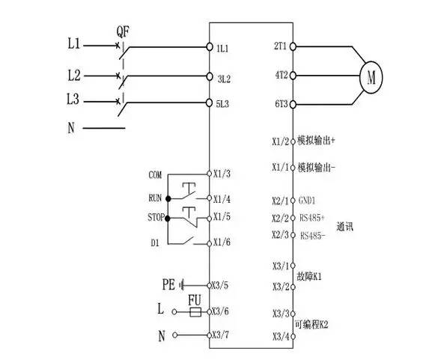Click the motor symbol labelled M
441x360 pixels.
371,77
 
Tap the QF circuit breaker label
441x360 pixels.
123,31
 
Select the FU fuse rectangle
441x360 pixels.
195,312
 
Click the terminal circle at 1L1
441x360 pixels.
210,46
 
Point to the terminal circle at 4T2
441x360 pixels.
293,76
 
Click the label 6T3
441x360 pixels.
282,104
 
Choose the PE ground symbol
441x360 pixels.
182,285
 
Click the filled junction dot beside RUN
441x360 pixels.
168,199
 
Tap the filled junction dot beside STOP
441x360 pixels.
168,219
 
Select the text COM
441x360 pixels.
155,175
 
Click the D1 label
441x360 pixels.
155,242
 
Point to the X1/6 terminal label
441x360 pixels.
222,242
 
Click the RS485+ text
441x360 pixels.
312,218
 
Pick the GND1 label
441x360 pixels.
307,201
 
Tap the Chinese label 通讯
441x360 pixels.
344,227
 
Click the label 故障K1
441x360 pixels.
309,277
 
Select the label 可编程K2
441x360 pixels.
311,325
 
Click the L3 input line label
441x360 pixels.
73,100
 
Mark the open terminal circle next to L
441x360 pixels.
174,311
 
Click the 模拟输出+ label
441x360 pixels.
317,141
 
